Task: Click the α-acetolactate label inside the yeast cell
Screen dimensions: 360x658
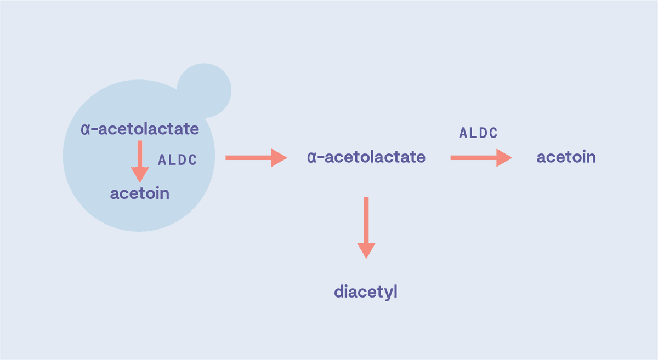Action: [x=139, y=129]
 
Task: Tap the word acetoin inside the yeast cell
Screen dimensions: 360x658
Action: [x=139, y=193]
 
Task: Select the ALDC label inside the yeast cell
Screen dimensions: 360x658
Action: [x=177, y=160]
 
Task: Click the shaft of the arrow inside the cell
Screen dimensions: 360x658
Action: [x=140, y=153]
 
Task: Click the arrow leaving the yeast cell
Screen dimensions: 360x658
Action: [x=255, y=158]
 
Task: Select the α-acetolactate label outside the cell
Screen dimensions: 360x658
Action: [x=366, y=157]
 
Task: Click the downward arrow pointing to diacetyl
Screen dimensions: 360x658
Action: [x=366, y=225]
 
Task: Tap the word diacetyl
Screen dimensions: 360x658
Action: [x=365, y=292]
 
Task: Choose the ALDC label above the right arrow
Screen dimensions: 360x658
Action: [x=478, y=133]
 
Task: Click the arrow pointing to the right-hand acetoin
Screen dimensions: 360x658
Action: [x=480, y=158]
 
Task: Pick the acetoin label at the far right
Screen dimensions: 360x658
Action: [x=566, y=157]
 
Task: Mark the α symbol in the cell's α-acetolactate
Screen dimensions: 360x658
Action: [x=84, y=130]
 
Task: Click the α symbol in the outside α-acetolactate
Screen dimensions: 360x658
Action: [x=311, y=158]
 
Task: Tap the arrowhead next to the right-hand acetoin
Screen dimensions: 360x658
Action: [x=503, y=158]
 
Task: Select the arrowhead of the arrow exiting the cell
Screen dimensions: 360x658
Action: [x=279, y=158]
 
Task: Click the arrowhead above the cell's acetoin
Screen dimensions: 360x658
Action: [x=140, y=174]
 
